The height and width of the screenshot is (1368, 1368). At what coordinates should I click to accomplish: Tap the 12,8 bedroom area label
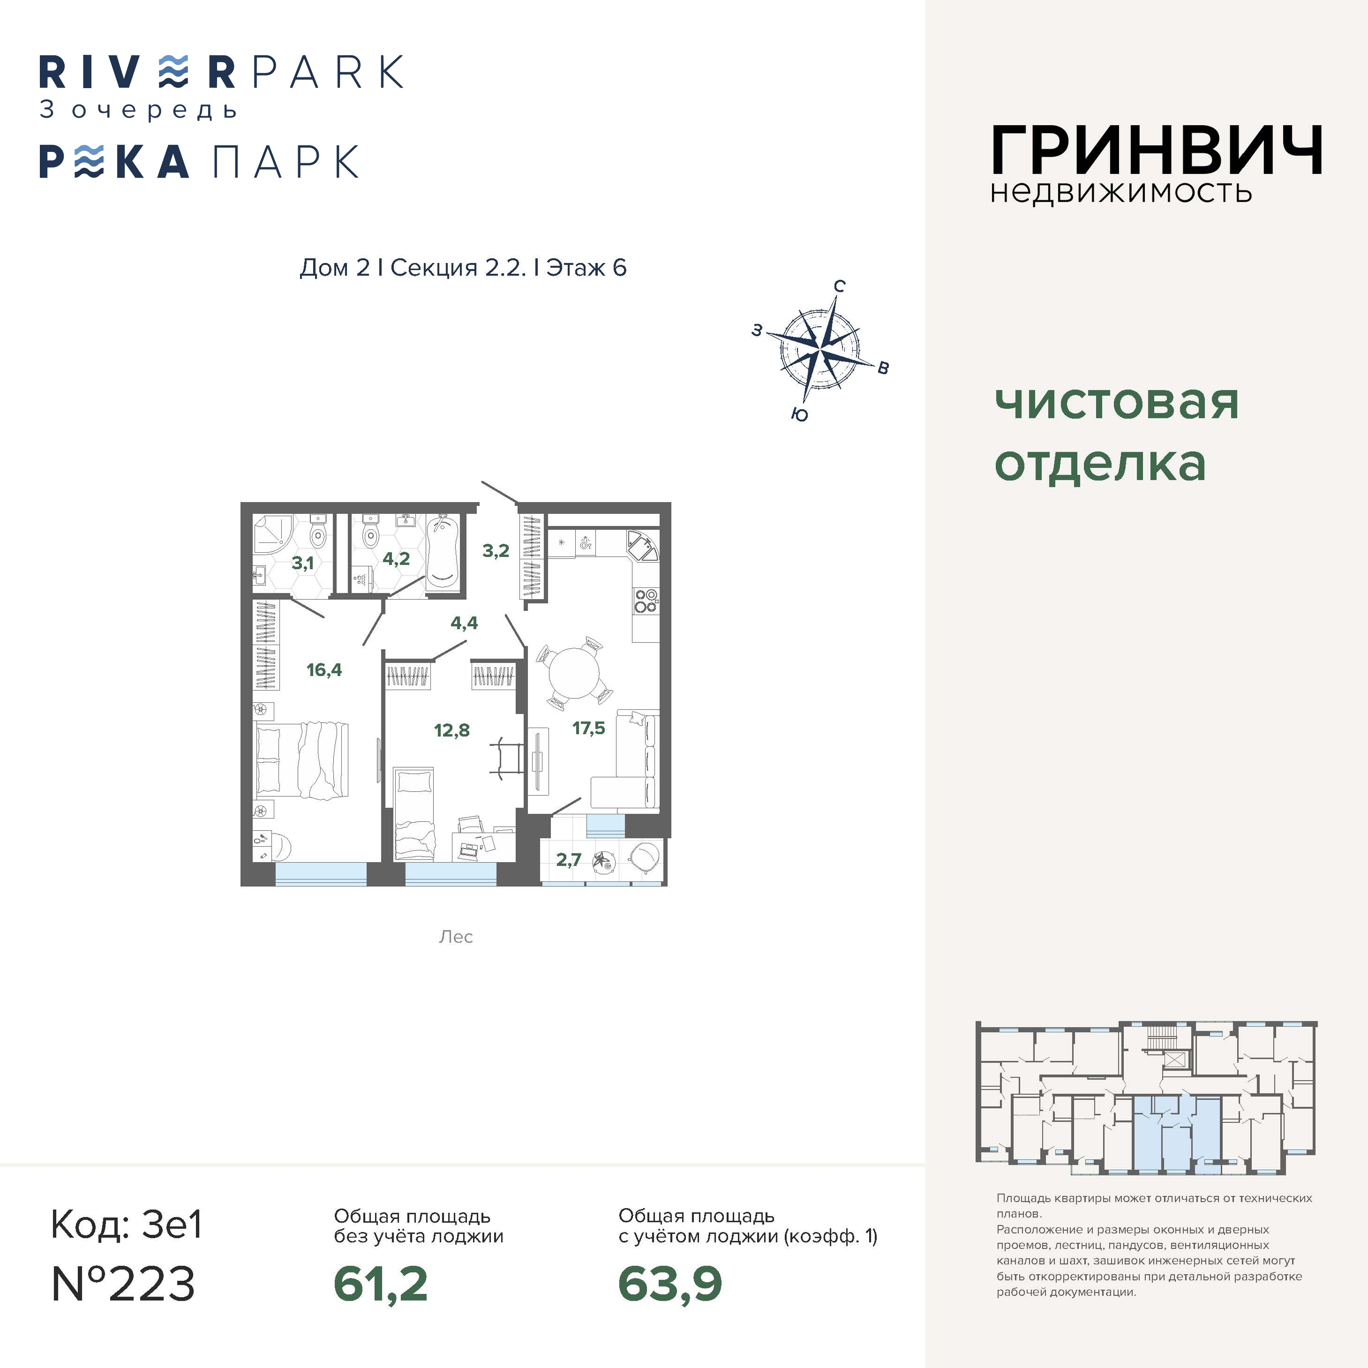(x=452, y=729)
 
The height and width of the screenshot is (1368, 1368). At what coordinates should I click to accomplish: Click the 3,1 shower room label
(x=302, y=563)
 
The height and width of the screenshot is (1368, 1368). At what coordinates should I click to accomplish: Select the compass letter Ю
(x=799, y=414)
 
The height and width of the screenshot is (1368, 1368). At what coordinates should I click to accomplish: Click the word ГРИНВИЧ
(x=1156, y=150)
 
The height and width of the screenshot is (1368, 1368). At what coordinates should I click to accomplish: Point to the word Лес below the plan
(x=455, y=937)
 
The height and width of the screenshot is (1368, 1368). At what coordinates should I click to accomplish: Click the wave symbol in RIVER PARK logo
(x=173, y=72)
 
